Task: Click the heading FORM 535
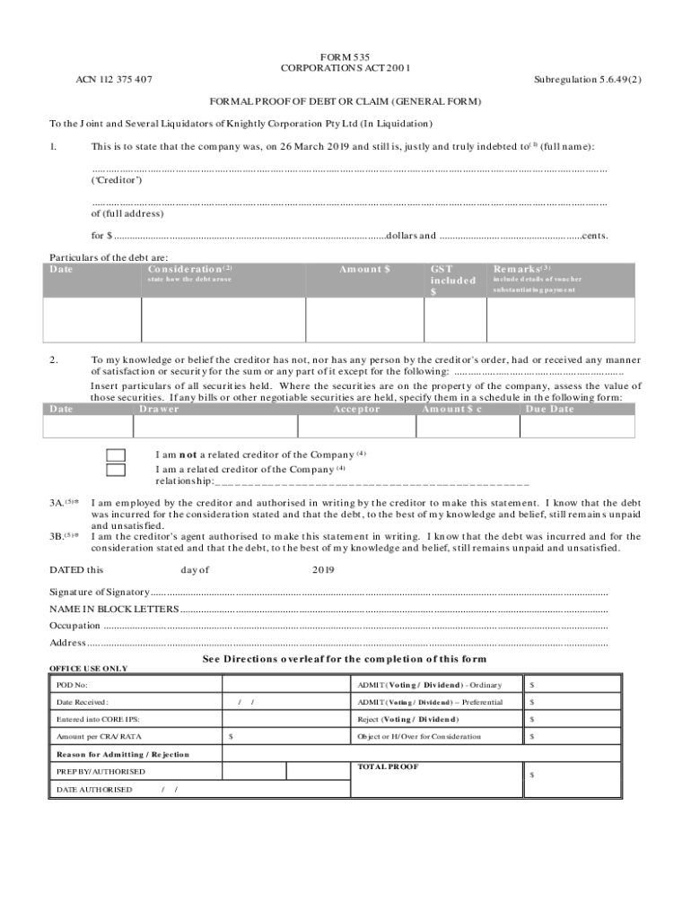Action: coord(345,56)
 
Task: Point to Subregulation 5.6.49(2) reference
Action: coord(588,80)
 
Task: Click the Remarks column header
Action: coord(521,269)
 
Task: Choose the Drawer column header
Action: coord(160,409)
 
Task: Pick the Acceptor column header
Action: coord(356,409)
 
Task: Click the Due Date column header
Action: coord(549,409)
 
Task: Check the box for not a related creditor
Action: coord(116,455)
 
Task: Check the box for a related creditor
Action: coord(116,469)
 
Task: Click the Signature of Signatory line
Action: coord(377,593)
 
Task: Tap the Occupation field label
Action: coord(75,626)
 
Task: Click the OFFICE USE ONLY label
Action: coord(88,669)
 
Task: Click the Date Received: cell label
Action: coord(82,702)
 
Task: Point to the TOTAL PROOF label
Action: coord(387,767)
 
